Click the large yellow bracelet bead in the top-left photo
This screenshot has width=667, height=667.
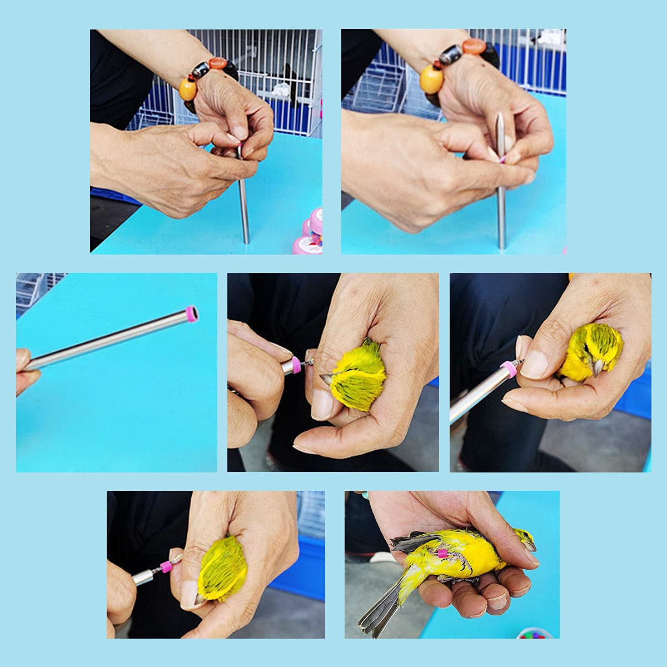[x=188, y=89]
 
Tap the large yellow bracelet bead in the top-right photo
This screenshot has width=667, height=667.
[x=431, y=78]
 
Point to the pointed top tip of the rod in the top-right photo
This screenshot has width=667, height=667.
[x=500, y=115]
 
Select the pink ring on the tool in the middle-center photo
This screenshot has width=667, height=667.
[x=296, y=365]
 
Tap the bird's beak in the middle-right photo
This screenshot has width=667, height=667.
[x=599, y=367]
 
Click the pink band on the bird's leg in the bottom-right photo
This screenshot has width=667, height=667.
[x=442, y=552]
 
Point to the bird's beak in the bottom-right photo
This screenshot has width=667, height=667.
[x=531, y=545]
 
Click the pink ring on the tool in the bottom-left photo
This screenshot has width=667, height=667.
[x=165, y=567]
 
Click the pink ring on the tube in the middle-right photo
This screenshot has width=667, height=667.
[x=509, y=369]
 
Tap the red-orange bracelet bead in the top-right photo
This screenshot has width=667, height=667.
[x=474, y=47]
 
